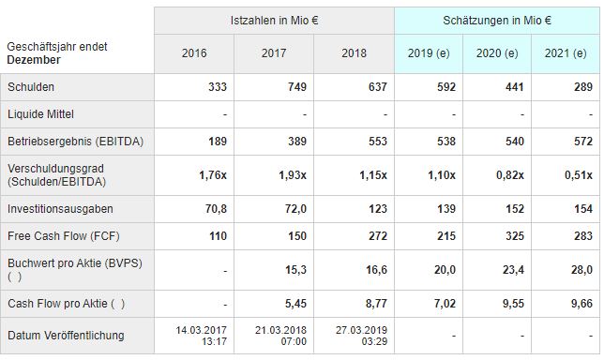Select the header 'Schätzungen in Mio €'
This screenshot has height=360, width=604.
(x=496, y=20)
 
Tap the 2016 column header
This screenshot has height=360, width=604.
(x=194, y=53)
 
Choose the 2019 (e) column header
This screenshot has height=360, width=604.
(x=429, y=53)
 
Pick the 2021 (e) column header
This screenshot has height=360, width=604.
(x=564, y=53)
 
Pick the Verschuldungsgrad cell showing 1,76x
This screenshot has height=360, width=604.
(x=213, y=175)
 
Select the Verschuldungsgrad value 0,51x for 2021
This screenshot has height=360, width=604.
(x=577, y=175)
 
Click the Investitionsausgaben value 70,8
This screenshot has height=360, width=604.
(x=215, y=209)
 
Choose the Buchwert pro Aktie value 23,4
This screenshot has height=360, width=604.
(x=511, y=270)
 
